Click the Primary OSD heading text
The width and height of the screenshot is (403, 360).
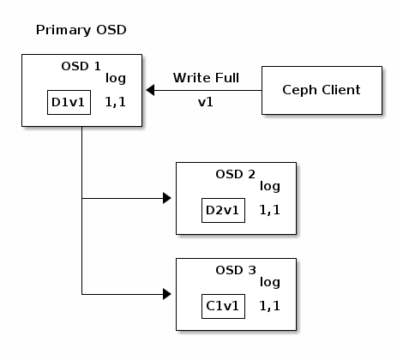pyautogui.click(x=81, y=30)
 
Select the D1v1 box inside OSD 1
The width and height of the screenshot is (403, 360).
pyautogui.click(x=69, y=103)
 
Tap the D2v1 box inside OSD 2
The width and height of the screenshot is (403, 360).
pyautogui.click(x=223, y=210)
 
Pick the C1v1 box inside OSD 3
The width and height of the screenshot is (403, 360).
pyautogui.click(x=223, y=306)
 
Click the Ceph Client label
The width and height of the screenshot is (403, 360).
pyautogui.click(x=322, y=90)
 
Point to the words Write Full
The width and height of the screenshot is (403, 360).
pyautogui.click(x=206, y=78)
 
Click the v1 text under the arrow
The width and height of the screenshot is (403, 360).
pyautogui.click(x=206, y=102)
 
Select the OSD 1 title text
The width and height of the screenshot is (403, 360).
pyautogui.click(x=81, y=66)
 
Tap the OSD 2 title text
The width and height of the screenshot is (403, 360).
pyautogui.click(x=236, y=174)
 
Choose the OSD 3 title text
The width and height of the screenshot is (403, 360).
pyautogui.click(x=236, y=270)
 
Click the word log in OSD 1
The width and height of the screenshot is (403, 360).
pyautogui.click(x=116, y=79)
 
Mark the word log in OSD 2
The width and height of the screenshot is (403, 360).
pyautogui.click(x=270, y=187)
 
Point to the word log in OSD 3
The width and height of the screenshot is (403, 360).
pyautogui.click(x=270, y=283)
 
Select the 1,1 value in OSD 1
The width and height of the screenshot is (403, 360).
pyautogui.click(x=116, y=102)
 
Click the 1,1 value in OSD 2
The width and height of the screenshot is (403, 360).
pyautogui.click(x=270, y=210)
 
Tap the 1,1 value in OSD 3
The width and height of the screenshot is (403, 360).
pyautogui.click(x=270, y=306)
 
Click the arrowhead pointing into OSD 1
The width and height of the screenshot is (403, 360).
pyautogui.click(x=150, y=90)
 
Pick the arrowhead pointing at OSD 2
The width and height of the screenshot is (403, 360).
pyautogui.click(x=167, y=198)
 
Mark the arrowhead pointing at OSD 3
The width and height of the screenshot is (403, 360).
pyautogui.click(x=167, y=294)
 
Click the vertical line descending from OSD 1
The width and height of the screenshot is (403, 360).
pyautogui.click(x=82, y=210)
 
